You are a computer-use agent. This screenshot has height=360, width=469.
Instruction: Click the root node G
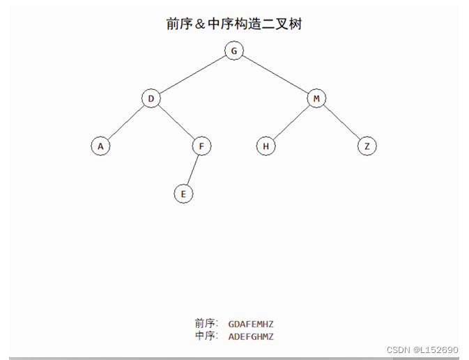point(234,51)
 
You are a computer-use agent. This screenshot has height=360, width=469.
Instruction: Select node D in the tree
point(151,99)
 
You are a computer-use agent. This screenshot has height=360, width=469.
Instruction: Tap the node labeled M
point(316,99)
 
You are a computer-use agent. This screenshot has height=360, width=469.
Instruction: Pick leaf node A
point(100,146)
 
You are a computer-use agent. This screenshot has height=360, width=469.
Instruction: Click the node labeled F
point(201,146)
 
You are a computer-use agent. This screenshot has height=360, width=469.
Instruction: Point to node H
point(266,146)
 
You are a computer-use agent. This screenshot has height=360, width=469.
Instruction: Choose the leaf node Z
point(367,146)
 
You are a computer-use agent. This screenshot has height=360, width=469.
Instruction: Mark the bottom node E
point(183,194)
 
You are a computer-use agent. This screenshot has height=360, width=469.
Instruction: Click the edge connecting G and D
point(192,75)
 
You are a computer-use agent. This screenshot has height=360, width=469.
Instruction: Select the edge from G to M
point(275,75)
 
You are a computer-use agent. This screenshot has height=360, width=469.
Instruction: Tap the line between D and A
point(125,123)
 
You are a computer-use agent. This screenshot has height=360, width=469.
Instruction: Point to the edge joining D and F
point(176,123)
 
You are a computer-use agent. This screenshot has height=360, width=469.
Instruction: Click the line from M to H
point(291,123)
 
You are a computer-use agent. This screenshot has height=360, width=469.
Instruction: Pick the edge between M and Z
point(341,123)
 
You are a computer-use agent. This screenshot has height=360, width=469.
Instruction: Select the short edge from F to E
point(192,171)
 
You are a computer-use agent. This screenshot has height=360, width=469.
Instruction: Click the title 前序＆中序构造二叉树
point(234,24)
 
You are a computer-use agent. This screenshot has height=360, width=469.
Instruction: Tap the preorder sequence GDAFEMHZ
point(251,324)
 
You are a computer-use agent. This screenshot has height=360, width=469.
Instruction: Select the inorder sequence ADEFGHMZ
point(251,337)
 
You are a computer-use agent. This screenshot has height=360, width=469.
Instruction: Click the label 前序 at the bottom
point(206,324)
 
